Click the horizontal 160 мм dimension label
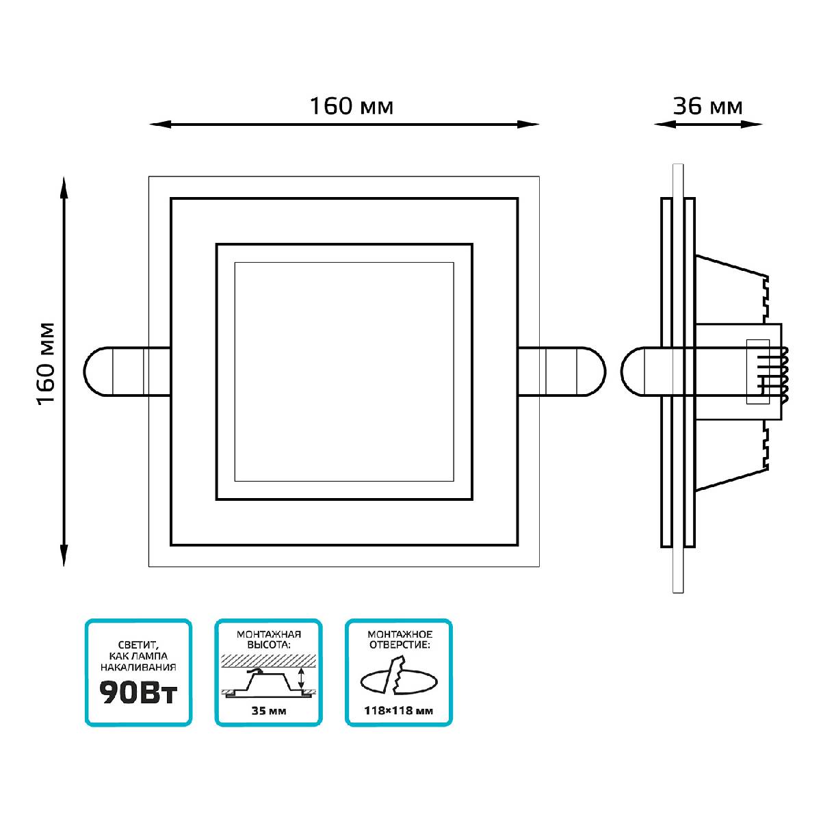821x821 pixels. pos(352,106)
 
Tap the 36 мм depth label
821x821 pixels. pos(707,106)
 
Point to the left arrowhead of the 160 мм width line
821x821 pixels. pos(158,125)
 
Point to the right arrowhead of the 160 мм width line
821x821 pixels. pos(530,125)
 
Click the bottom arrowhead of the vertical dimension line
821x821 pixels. pos(64,557)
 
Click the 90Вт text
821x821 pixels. pos(138,693)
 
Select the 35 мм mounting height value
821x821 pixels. pos(268,711)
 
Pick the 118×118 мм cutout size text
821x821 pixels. pos(400,711)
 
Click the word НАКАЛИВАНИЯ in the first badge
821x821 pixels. pos(138,667)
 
